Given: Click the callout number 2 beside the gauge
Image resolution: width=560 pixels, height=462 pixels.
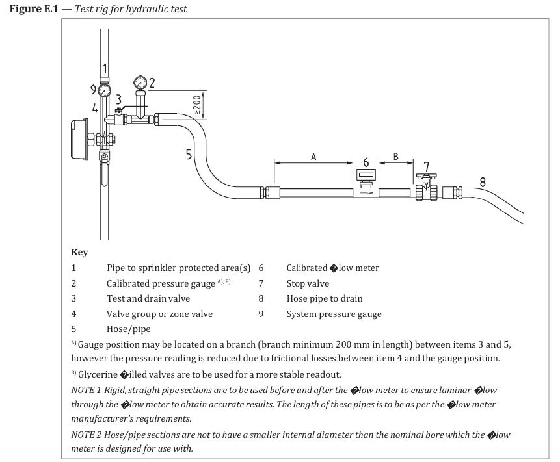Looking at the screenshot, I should coord(152,83).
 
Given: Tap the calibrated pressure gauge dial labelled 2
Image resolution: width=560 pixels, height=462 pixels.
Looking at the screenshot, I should coord(139,83).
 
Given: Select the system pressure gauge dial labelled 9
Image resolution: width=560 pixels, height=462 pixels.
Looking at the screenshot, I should coord(105,90).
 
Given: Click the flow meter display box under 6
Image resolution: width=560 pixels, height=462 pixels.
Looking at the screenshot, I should coord(366,175).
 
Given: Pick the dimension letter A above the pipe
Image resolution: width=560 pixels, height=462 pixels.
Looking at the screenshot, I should coord(313,157).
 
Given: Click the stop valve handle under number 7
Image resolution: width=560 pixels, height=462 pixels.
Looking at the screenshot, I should coord(427,177).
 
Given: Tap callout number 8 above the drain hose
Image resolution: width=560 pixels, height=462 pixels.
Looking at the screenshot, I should coord(482,182).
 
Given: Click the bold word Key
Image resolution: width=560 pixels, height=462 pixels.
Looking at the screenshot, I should coord(79,252).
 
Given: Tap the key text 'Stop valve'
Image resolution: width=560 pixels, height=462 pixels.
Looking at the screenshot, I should coord(308,283).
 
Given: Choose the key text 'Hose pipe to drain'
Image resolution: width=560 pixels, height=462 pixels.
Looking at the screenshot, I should coord(325,299).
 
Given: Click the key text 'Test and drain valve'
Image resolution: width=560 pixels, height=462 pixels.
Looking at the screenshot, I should coord(148,299).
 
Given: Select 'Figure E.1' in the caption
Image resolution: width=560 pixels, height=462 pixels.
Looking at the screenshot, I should coord(33,10).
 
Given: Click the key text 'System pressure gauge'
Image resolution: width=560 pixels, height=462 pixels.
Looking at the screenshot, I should coord(334,314).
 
